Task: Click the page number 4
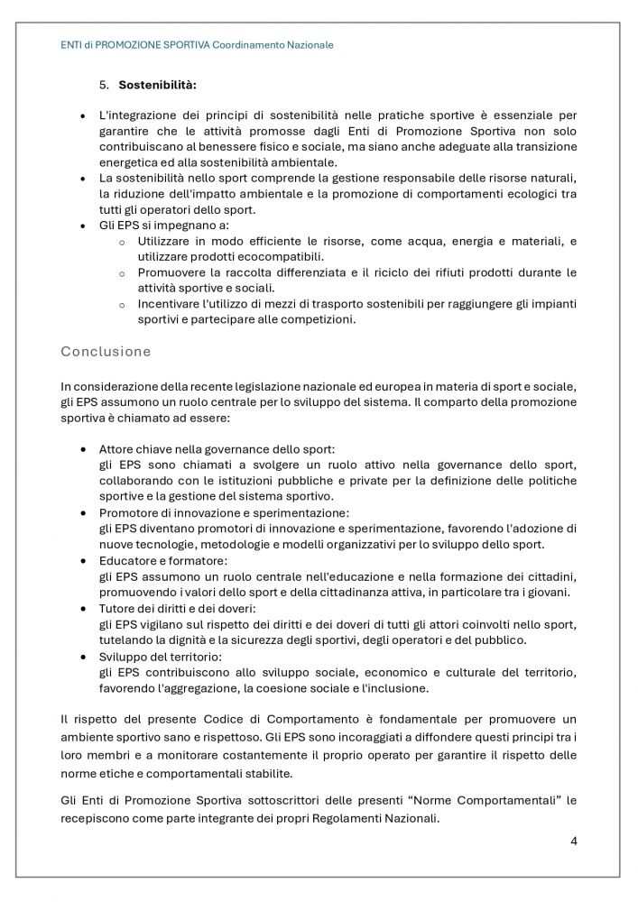574,842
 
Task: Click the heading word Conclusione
106,350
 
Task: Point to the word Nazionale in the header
309,44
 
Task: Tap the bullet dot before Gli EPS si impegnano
83,225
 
